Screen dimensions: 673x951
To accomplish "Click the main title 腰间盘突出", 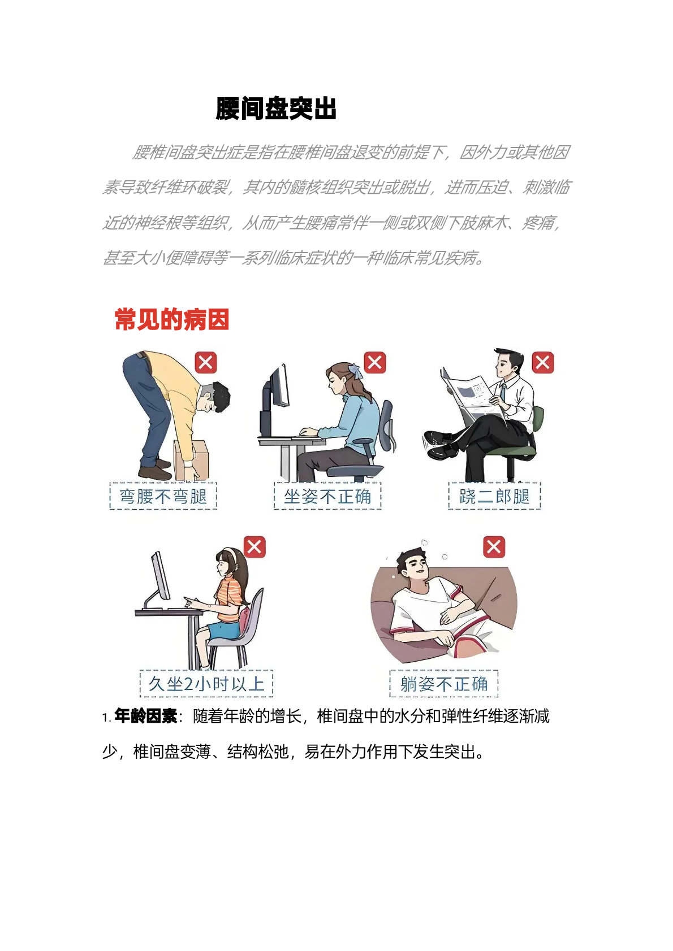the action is click(x=276, y=108).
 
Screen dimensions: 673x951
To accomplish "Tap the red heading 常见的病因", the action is click(x=172, y=320).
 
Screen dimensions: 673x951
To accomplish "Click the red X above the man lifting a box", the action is click(x=206, y=363).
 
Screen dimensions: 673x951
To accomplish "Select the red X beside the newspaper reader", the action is click(x=543, y=363).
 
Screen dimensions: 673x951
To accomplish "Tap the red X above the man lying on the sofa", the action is click(x=494, y=546).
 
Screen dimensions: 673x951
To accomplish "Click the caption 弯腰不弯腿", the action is click(x=163, y=496).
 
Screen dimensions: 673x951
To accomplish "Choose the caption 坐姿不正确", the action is click(x=327, y=496).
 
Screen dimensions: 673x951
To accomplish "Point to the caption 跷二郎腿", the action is click(x=494, y=496).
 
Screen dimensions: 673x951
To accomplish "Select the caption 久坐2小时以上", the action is click(x=206, y=684).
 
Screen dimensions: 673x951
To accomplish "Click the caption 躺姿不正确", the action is click(x=444, y=684).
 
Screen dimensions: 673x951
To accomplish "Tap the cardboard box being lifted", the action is click(x=191, y=460).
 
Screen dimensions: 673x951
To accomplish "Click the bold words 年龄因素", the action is click(x=146, y=716).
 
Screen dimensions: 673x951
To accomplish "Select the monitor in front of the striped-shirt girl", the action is click(x=161, y=576).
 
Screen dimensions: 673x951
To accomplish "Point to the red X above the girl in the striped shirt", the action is click(x=254, y=546).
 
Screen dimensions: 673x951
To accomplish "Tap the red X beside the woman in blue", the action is click(x=375, y=363).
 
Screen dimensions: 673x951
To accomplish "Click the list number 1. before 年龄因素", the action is click(x=107, y=718).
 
